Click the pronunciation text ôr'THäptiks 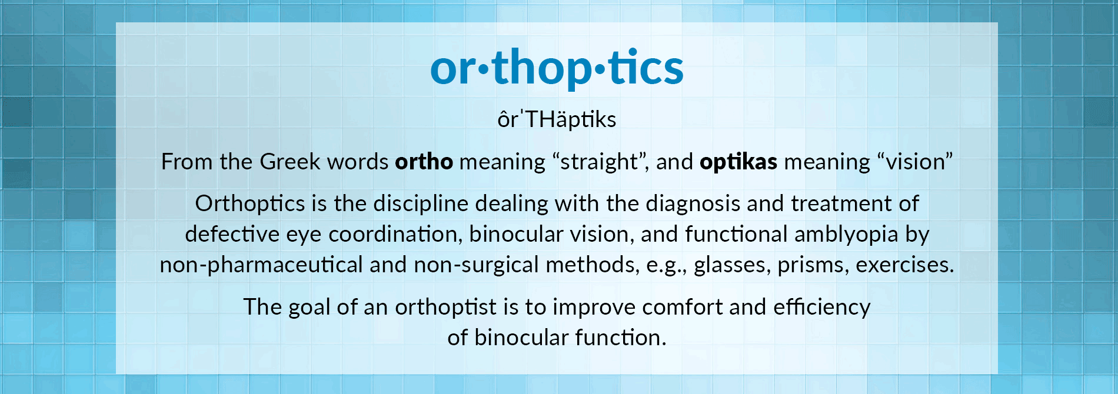[557, 119]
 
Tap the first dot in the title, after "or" [483, 70]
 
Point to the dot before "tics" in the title [600, 70]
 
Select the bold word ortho [424, 161]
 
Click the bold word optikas [738, 162]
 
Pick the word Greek [290, 161]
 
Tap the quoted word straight [599, 162]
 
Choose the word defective [232, 234]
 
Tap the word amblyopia [846, 235]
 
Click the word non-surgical [476, 265]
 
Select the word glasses [732, 265]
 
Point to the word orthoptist [445, 308]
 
